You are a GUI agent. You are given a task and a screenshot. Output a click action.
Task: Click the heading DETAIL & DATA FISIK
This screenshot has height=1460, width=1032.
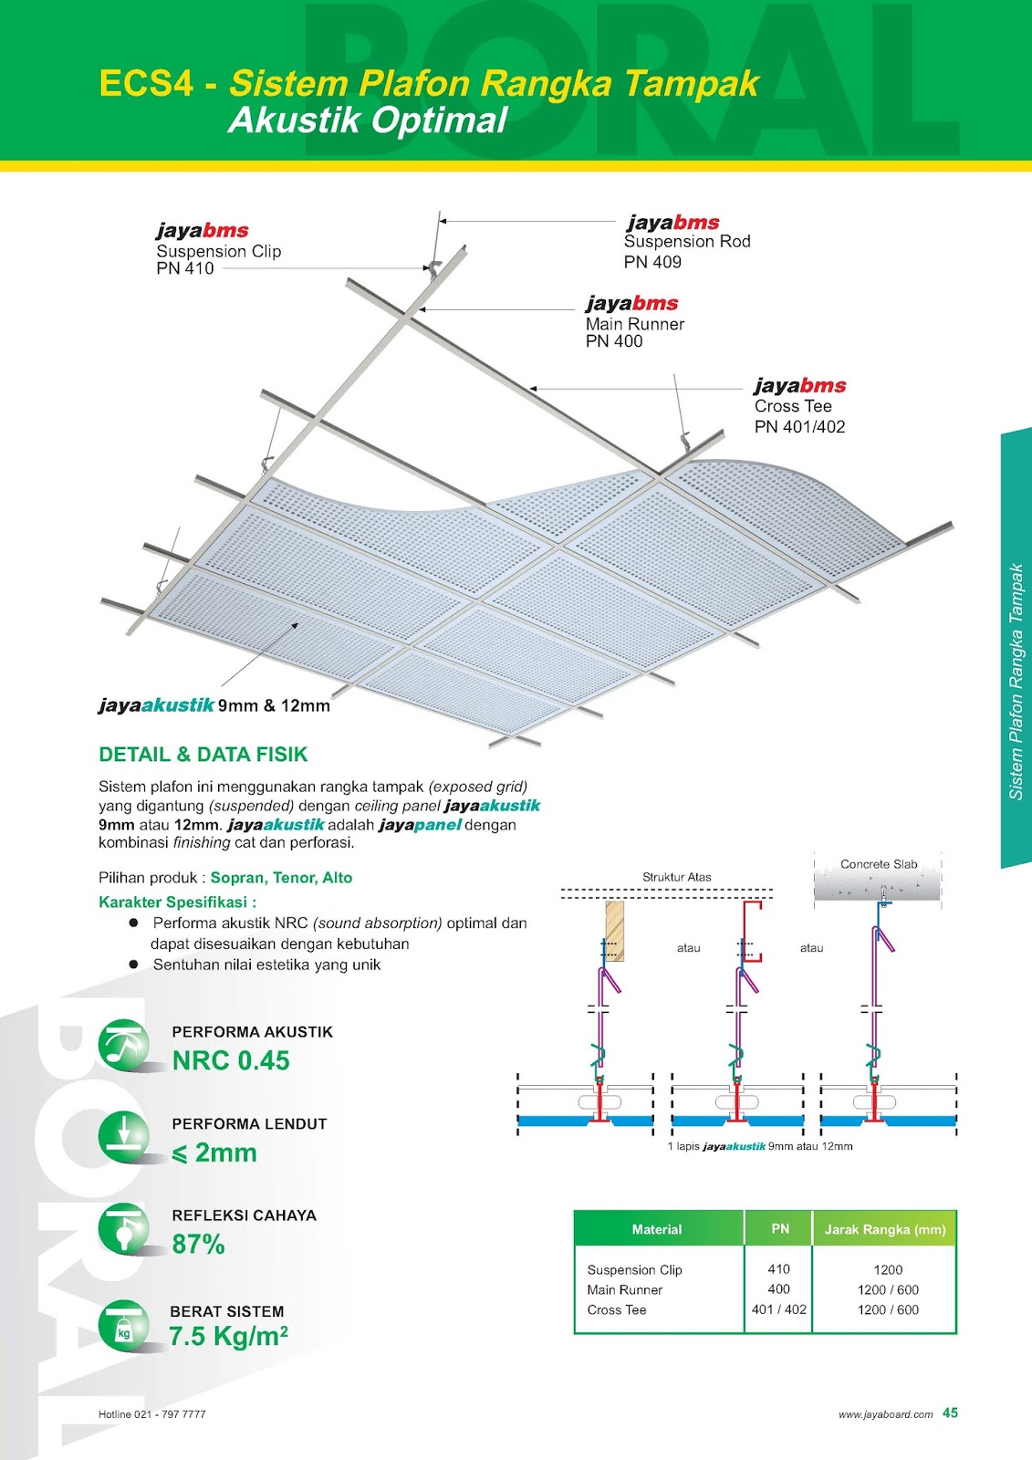pyautogui.click(x=203, y=755)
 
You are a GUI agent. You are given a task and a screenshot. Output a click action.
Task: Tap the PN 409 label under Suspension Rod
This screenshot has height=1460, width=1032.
pyautogui.click(x=652, y=262)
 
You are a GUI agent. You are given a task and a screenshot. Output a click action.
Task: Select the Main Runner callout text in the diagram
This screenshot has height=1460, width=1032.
pyautogui.click(x=634, y=324)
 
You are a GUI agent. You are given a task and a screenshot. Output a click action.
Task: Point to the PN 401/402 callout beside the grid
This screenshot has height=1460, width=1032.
pyautogui.click(x=799, y=426)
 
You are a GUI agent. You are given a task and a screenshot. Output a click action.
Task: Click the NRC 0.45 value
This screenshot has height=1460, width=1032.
pyautogui.click(x=231, y=1060)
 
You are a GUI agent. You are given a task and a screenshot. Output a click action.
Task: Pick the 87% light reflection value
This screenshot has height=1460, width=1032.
pyautogui.click(x=198, y=1244)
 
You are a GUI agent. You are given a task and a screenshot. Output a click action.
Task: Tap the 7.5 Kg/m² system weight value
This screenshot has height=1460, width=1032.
pyautogui.click(x=228, y=1336)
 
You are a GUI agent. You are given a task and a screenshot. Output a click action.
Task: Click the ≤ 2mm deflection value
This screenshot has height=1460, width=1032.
pyautogui.click(x=215, y=1152)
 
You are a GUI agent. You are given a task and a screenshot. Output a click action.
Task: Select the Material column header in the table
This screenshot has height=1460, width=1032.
pyautogui.click(x=657, y=1229)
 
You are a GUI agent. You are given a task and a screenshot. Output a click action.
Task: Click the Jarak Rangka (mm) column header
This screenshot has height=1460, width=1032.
pyautogui.click(x=885, y=1229)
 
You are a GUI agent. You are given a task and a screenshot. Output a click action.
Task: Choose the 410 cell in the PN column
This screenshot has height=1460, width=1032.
pyautogui.click(x=778, y=1269)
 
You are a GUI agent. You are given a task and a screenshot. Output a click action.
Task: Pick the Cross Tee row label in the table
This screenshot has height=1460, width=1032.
pyautogui.click(x=617, y=1309)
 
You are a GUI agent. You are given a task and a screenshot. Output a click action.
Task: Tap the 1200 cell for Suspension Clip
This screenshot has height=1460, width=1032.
pyautogui.click(x=888, y=1269)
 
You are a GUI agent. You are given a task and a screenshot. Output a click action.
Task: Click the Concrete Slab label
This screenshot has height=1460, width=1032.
pyautogui.click(x=879, y=864)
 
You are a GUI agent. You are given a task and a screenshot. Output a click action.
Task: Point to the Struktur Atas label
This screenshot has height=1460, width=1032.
pyautogui.click(x=677, y=877)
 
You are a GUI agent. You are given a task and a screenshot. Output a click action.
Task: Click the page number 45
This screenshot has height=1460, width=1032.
pyautogui.click(x=950, y=1413)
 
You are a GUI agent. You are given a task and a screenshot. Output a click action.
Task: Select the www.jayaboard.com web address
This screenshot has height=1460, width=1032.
pyautogui.click(x=885, y=1414)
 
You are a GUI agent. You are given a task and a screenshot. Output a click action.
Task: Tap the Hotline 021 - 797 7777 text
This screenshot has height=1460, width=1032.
pyautogui.click(x=152, y=1414)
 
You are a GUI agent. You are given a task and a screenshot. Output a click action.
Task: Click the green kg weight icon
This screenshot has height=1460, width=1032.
pyautogui.click(x=123, y=1325)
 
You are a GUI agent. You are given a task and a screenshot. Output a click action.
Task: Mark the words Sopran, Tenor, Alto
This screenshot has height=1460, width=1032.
pyautogui.click(x=281, y=878)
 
